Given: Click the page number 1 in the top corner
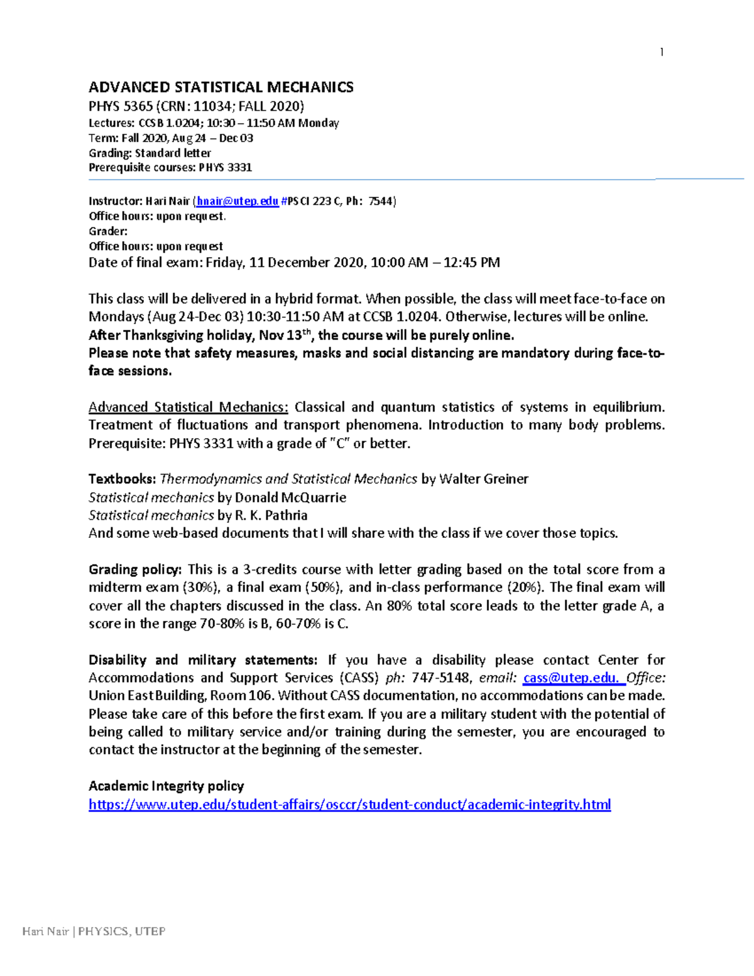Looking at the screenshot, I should point(662,52).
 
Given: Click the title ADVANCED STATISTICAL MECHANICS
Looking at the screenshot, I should point(221,87).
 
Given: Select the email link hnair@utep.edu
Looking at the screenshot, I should point(238,201).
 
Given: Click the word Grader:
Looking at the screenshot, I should point(108,231).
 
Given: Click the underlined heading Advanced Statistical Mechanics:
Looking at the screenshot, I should point(188,407).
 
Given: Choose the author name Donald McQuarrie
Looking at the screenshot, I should point(290,498).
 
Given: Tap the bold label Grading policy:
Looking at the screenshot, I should point(135,569).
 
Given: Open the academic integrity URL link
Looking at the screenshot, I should point(349,805).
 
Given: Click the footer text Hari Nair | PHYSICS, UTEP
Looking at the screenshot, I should point(94,931).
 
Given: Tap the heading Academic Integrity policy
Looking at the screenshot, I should point(166,786).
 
